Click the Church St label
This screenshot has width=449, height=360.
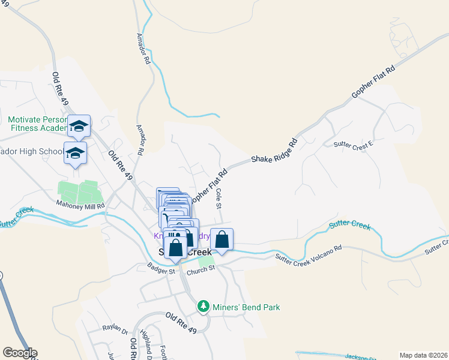(x=200, y=271)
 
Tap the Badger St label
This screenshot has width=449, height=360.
(x=162, y=271)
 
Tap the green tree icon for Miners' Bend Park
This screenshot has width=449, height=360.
(x=203, y=307)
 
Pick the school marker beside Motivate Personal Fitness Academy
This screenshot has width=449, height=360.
(x=79, y=125)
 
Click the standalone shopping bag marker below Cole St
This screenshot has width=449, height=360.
(x=221, y=239)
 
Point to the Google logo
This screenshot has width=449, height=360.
(x=19, y=353)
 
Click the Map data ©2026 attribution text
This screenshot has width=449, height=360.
(x=423, y=355)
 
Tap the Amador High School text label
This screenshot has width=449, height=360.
(x=30, y=151)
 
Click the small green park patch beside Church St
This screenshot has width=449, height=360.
(x=206, y=262)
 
